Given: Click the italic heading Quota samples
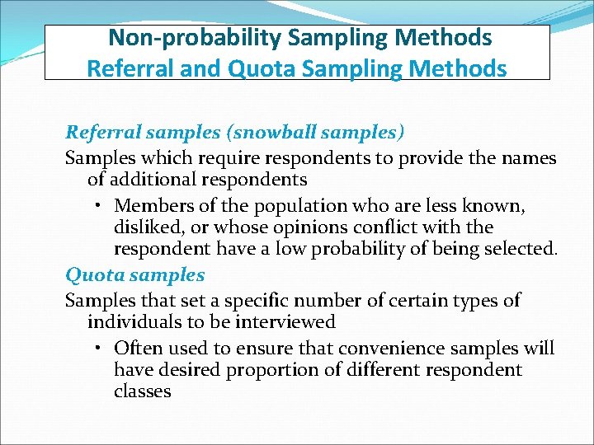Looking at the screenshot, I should point(134,274).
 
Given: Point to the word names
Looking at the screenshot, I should point(531,157).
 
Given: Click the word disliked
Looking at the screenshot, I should point(146,227).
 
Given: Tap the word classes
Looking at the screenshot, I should point(143,391).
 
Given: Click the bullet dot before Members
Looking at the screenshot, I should point(97,205).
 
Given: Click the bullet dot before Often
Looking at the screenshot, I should point(97,349).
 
